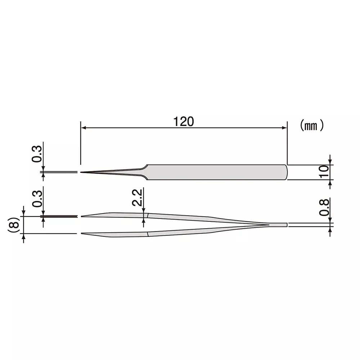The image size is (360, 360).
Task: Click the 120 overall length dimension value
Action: (184, 122)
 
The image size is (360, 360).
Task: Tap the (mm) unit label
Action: (312, 125)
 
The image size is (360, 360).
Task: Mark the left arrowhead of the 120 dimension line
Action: (82, 127)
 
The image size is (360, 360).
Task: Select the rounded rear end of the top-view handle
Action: (287, 172)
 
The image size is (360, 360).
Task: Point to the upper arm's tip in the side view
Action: (83, 216)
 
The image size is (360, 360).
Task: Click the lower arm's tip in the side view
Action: (83, 234)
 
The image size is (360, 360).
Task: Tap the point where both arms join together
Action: (268, 225)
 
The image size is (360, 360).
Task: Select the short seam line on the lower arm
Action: (148, 234)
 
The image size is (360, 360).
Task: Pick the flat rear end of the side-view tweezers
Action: (287, 225)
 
